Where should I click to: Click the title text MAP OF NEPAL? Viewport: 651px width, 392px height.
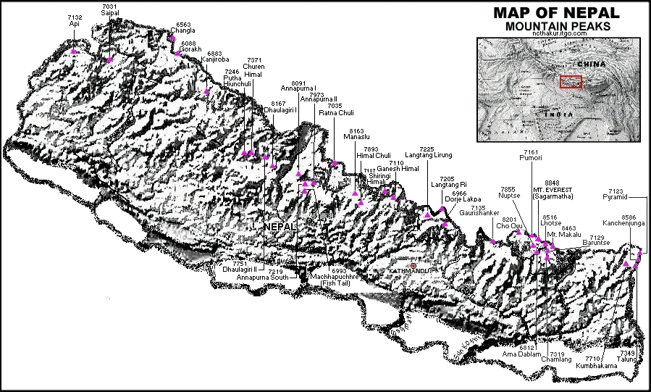pos(556,12)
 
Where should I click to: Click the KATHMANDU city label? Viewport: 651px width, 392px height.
pos(408,272)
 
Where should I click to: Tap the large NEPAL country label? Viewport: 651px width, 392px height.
pos(281,227)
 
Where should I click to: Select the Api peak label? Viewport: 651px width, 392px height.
pos(74,23)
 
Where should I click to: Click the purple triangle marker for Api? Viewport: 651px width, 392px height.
pos(74,51)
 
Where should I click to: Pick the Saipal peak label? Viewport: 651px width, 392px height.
pos(110,12)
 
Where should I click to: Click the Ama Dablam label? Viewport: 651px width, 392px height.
pos(518,354)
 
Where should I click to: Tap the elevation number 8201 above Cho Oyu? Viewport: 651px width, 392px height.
pos(509,219)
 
